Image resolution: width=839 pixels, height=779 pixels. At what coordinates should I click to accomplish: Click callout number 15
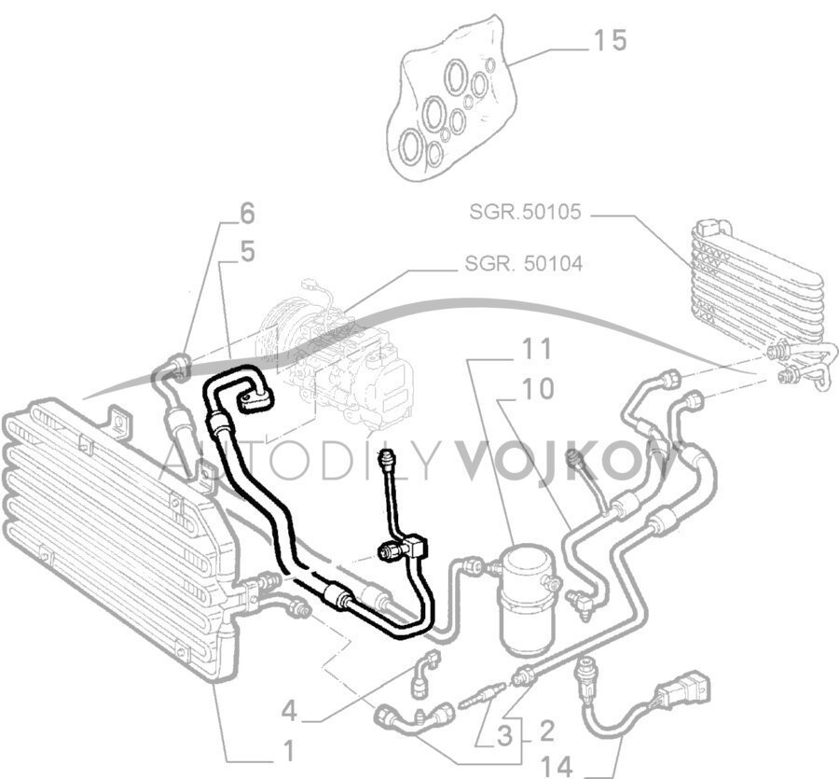click(611, 41)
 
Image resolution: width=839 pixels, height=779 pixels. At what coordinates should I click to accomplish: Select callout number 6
click(247, 214)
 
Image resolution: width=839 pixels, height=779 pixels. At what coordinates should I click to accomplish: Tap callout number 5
click(247, 252)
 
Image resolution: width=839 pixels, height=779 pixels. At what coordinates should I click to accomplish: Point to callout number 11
click(537, 349)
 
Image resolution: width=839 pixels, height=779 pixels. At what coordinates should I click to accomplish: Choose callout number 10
click(537, 389)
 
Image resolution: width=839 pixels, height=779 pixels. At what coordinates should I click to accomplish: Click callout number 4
click(289, 712)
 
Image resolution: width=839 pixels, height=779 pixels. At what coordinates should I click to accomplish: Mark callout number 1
click(288, 751)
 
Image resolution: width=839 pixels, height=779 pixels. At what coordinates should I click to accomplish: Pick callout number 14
click(557, 767)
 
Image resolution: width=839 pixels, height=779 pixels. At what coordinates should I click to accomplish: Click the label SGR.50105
click(525, 212)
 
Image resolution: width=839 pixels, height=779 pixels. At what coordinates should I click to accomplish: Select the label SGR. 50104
click(523, 263)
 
